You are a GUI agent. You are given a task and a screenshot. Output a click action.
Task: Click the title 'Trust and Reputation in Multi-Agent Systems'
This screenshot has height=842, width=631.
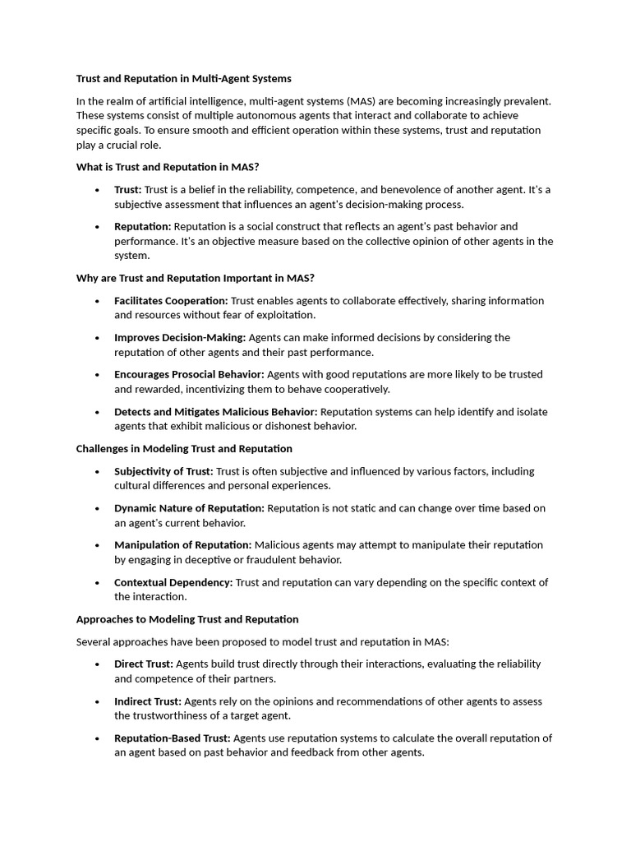183,79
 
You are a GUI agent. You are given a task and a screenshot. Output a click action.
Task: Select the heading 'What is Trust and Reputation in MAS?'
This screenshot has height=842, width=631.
168,167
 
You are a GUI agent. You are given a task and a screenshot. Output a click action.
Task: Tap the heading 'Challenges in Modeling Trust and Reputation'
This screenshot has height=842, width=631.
184,449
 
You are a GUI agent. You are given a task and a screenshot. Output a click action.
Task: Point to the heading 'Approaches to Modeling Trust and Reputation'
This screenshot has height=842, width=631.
187,619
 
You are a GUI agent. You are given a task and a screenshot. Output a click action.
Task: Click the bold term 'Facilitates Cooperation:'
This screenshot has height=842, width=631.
171,301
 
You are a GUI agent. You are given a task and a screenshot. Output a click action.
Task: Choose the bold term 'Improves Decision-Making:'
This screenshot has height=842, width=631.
180,338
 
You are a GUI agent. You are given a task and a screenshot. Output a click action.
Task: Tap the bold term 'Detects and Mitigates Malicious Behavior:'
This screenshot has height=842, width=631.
215,412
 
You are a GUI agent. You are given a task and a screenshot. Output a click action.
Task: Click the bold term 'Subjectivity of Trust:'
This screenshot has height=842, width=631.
164,471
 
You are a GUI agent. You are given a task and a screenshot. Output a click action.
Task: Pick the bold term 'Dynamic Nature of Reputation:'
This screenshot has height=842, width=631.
189,508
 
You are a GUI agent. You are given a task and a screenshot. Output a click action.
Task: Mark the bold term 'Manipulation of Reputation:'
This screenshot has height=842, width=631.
183,545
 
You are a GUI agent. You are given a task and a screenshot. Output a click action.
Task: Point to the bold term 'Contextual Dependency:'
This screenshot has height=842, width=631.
173,582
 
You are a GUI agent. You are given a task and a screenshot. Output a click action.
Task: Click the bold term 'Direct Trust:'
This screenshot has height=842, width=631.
144,664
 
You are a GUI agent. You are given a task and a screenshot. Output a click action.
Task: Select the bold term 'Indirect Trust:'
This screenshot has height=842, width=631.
148,701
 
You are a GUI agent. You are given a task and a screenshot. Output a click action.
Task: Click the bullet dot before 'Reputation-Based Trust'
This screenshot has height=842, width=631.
97,738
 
